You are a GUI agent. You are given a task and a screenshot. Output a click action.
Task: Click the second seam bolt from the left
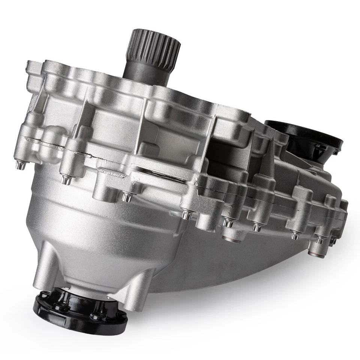pyautogui.click(x=67, y=180)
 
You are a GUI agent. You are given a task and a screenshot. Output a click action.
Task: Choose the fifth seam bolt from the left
pyautogui.click(x=227, y=223)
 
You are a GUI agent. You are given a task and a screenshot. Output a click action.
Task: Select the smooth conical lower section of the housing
pyautogui.click(x=94, y=240)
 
